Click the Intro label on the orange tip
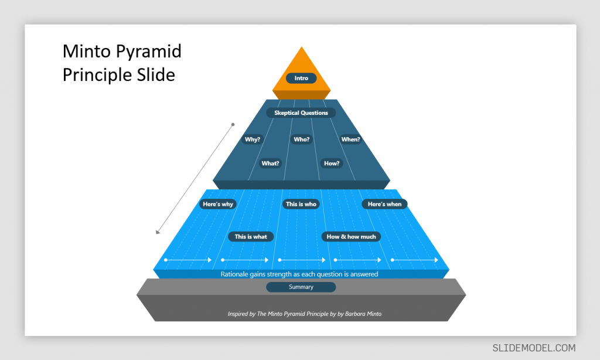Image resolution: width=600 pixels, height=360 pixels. [x=301, y=78]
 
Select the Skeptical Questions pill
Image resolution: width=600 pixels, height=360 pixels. [x=301, y=113]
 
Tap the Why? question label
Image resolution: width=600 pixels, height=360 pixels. [x=253, y=140]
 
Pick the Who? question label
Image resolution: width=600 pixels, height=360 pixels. [x=302, y=140]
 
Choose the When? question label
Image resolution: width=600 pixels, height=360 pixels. [x=350, y=140]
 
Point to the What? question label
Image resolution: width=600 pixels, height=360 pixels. [x=270, y=164]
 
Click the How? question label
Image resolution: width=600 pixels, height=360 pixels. [x=332, y=164]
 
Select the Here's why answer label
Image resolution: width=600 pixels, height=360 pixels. [x=218, y=204]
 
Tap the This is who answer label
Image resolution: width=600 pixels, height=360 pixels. [x=301, y=204]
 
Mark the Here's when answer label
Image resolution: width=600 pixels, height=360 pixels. [x=384, y=204]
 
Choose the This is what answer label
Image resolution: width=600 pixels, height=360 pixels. [x=251, y=237]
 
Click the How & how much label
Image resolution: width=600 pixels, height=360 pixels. [x=352, y=237]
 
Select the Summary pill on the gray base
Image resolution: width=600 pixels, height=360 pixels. [x=301, y=287]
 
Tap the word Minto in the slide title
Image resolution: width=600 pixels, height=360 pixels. [x=88, y=52]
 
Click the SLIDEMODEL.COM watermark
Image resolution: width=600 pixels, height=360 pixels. [x=534, y=348]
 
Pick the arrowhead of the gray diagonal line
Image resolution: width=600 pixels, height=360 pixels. [x=157, y=232]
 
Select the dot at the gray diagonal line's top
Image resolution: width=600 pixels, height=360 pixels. [x=233, y=124]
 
